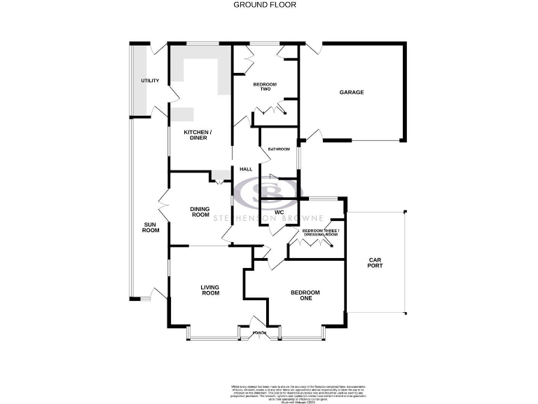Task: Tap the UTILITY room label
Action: coord(150,81)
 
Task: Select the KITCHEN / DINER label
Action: coord(197,135)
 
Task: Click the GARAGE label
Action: coord(352,92)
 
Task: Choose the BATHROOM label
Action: coord(279,149)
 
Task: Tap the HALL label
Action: coord(245,169)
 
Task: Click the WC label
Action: coord(278,211)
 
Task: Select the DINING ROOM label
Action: coord(200,212)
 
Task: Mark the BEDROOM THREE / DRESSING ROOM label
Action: coord(320,232)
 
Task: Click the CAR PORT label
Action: coord(375,264)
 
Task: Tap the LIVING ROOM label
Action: coord(210,290)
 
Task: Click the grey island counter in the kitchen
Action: coord(184,115)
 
